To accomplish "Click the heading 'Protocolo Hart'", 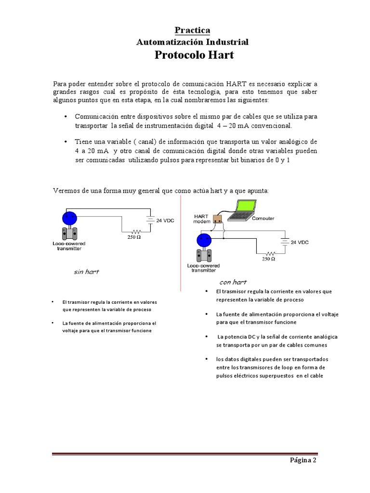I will coord(194,55).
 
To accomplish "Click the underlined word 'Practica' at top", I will coord(192,30).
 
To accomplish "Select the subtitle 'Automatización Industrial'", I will coord(193,42).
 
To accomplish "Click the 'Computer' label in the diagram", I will coord(263,218).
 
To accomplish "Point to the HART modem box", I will coord(217,219).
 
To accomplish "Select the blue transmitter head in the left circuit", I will coord(70,217).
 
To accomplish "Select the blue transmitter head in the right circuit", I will coord(204,239).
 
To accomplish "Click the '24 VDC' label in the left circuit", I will coord(166,221).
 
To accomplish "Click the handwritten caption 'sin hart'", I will coord(86,272).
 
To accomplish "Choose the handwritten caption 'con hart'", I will coord(233,282).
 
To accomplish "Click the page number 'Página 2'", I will coord(303,460).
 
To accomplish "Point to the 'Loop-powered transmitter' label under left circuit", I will coord(67,246).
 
